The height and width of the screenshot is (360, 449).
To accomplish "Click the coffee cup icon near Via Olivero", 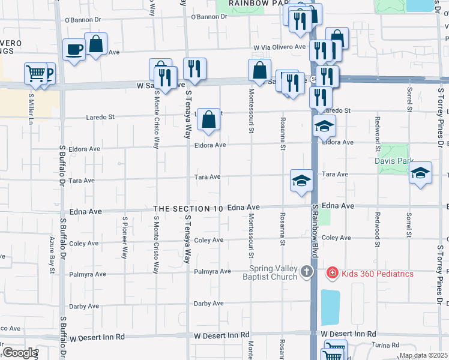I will coord(75,50).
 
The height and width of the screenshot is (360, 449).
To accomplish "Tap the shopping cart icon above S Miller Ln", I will coord(35,74).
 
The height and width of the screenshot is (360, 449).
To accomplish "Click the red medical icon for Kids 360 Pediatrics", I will coord(331,274).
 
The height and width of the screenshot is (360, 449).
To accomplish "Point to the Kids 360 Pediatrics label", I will coord(378,274).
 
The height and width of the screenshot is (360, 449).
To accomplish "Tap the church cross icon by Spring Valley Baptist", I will coord(307,272).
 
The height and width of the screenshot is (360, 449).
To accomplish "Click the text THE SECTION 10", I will coord(188,208).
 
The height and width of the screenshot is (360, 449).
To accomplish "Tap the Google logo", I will coord(19,353).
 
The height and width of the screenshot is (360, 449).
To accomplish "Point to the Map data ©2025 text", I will coord(423,355).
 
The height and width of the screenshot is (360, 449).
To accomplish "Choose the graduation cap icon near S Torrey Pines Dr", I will coord(420,173).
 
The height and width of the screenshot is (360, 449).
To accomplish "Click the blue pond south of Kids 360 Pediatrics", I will coord(330,307).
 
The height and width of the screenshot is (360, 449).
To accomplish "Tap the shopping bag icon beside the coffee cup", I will coord(95,44).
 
